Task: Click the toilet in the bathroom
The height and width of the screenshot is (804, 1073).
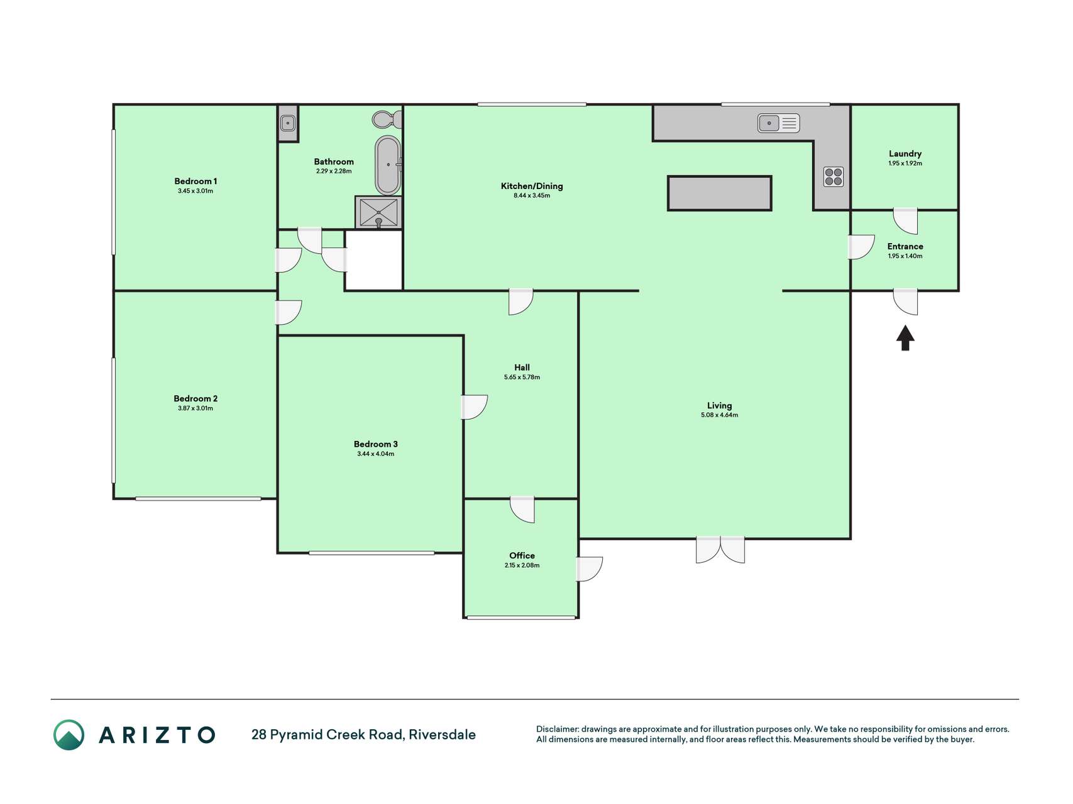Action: (387, 119)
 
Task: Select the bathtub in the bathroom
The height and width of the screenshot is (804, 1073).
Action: (388, 165)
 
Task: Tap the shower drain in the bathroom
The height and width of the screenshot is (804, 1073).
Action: (378, 221)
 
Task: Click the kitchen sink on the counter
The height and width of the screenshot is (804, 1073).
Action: (778, 123)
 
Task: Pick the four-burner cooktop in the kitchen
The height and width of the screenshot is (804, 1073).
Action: (834, 177)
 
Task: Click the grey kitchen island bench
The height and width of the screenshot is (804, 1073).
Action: (719, 193)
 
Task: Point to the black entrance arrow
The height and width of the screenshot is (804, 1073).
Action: (905, 338)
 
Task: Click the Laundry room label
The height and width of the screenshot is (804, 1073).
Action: (905, 153)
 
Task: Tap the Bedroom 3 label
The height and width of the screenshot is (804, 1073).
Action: (376, 444)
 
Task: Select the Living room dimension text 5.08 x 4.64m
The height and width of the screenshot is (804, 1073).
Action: (720, 415)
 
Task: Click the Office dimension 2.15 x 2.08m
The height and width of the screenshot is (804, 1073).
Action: (522, 565)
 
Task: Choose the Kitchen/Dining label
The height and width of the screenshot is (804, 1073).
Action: (532, 186)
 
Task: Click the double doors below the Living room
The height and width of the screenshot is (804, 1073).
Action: (720, 550)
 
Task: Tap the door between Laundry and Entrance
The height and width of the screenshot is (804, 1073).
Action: (906, 220)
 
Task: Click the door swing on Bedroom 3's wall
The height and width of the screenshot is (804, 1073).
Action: (475, 407)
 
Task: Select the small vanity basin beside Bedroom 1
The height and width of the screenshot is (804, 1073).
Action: (288, 122)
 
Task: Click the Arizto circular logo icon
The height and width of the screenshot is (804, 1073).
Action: (69, 735)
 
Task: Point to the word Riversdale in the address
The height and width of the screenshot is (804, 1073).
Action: (442, 734)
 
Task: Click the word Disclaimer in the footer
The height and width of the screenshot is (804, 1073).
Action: (557, 729)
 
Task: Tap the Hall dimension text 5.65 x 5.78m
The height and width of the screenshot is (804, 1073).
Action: (522, 378)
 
